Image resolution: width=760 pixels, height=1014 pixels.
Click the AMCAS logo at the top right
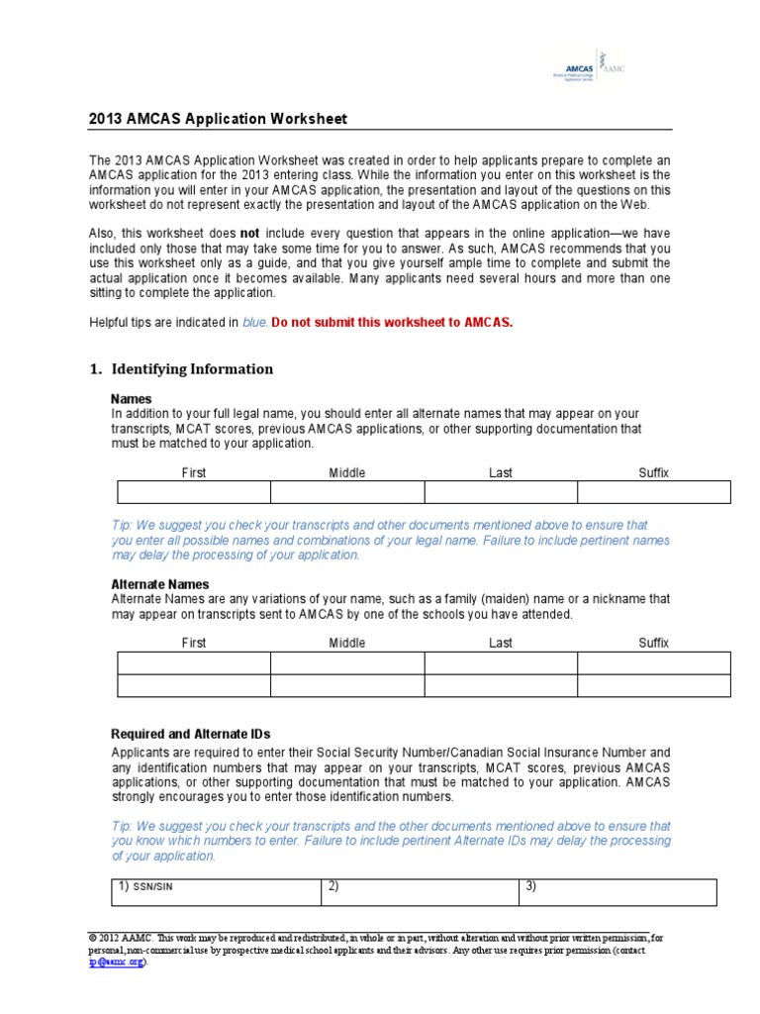click(588, 68)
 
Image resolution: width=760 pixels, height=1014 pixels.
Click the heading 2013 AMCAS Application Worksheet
click(218, 120)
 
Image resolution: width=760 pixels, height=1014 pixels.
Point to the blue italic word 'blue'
click(254, 323)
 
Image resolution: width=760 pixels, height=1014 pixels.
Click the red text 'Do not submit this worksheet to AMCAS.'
click(392, 323)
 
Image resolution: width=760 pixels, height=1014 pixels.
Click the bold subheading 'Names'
click(132, 398)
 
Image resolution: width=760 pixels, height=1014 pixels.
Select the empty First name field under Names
click(194, 492)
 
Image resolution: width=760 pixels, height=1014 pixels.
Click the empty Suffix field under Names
click(653, 492)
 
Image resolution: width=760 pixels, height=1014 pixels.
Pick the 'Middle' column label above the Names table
click(347, 473)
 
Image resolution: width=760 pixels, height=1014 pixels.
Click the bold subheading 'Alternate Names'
click(160, 584)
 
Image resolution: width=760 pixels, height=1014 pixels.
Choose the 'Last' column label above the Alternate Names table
click(501, 644)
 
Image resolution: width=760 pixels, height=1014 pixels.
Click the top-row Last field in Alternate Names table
click(501, 663)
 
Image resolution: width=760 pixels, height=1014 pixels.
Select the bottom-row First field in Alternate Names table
click(194, 686)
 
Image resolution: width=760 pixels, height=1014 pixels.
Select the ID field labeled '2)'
click(420, 892)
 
